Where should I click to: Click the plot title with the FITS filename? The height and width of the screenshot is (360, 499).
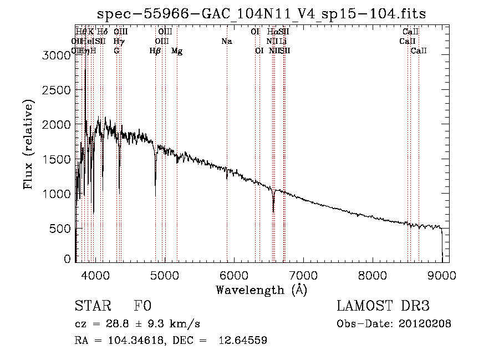coord(262,13)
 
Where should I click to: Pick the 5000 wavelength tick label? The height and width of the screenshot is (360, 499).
coord(164,275)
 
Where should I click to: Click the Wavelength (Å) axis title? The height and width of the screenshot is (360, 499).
coord(261,290)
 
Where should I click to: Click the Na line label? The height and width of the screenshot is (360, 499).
coord(226,41)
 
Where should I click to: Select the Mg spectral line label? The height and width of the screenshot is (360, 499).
coord(177,51)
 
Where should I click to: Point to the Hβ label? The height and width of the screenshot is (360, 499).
coord(155,51)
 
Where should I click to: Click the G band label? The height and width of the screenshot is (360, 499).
coord(116,51)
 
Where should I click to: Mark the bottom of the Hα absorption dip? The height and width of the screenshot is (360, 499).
coord(273,211)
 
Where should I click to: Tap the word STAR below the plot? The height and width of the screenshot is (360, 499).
coord(90,307)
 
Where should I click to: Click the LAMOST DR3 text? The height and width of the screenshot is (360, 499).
coord(383,307)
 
